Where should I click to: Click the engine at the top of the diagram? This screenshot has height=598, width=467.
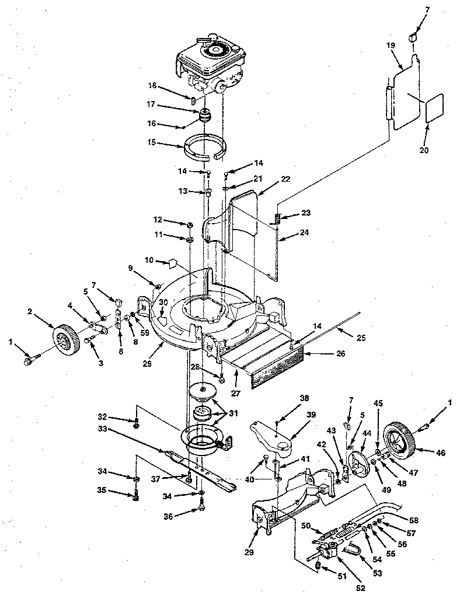212,64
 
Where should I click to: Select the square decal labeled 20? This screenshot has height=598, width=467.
435,109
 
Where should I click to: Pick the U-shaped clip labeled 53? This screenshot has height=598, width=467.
352,550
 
